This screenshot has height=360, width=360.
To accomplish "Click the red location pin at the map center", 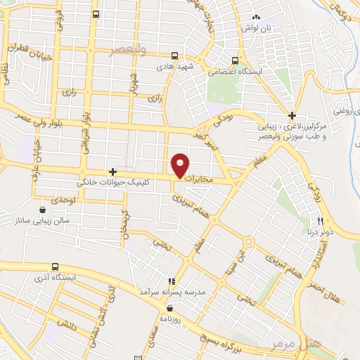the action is pyautogui.click(x=181, y=165).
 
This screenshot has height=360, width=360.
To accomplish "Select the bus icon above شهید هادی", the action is pyautogui.click(x=174, y=56).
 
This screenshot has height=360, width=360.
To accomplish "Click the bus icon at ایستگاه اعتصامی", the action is pyautogui.click(x=235, y=60).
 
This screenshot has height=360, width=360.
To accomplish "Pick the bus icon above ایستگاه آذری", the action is pyautogui.click(x=56, y=266).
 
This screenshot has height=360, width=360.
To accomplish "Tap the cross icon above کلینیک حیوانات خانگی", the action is pyautogui.click(x=112, y=172).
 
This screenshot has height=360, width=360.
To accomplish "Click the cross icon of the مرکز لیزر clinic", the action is pyautogui.click(x=292, y=115).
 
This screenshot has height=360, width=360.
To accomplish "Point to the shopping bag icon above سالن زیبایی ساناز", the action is pyautogui.click(x=44, y=210).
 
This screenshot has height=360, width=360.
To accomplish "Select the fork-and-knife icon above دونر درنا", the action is pyautogui.click(x=321, y=221).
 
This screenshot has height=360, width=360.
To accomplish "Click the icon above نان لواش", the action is pyautogui.click(x=257, y=18).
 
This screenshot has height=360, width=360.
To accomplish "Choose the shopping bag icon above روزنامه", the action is pyautogui.click(x=169, y=308).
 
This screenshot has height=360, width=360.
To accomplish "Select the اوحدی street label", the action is pyautogui.click(x=63, y=201).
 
